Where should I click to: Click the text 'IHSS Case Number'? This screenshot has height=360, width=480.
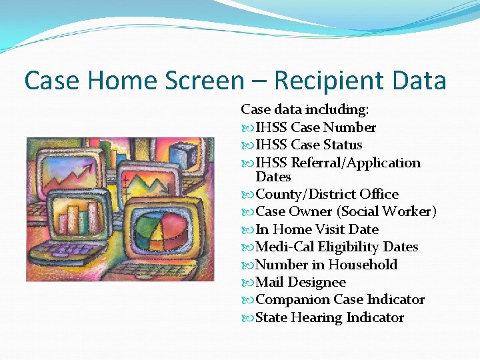click(315, 127)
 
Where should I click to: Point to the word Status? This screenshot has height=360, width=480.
click(343, 145)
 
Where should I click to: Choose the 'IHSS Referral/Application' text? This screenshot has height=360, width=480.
click(338, 163)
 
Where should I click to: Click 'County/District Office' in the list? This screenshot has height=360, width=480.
click(327, 194)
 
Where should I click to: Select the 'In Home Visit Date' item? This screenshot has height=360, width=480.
click(317, 229)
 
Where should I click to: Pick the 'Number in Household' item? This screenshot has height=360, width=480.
click(326, 265)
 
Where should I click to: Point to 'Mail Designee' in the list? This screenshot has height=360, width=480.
click(301, 282)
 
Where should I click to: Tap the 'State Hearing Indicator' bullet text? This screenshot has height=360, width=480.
click(329, 317)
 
